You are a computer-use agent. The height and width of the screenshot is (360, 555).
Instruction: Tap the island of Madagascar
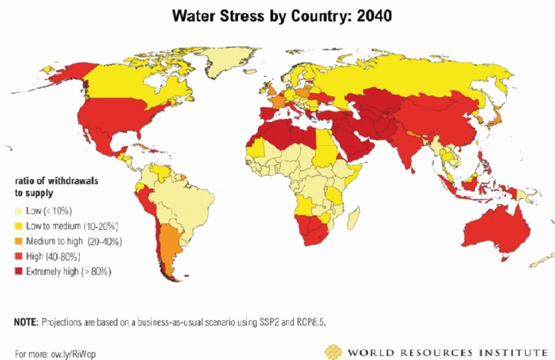click(x=352, y=219)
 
